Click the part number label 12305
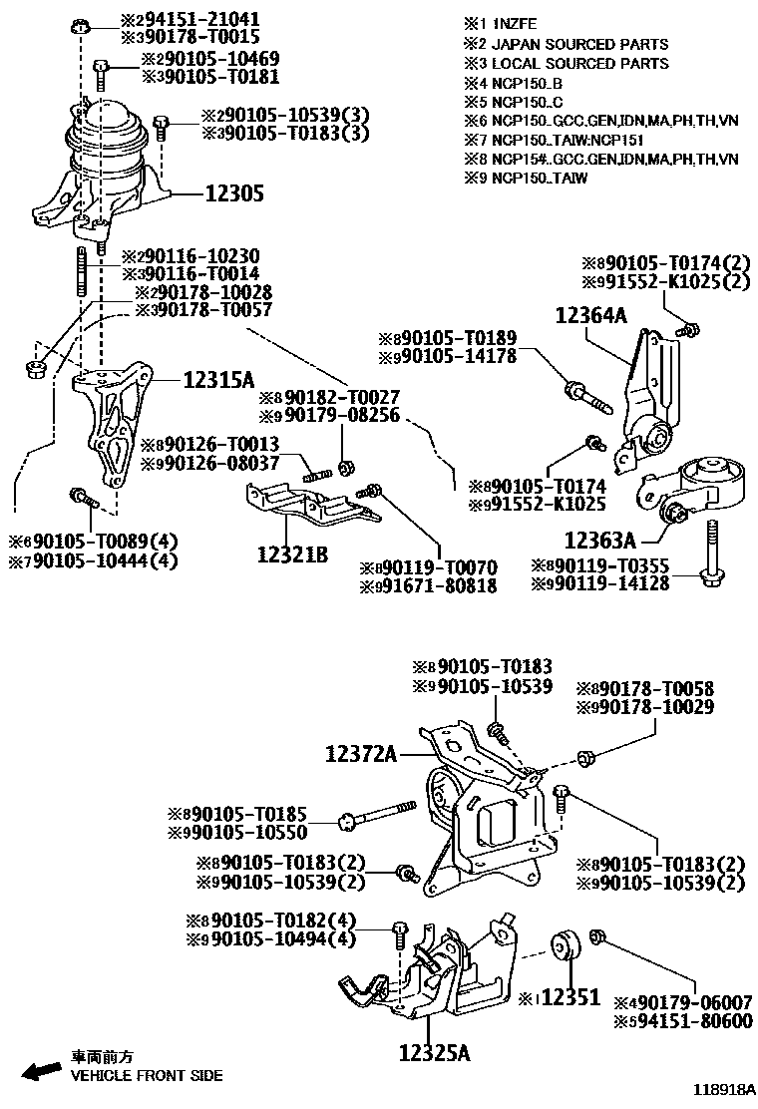pyautogui.click(x=235, y=194)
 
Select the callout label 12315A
pyautogui.click(x=218, y=379)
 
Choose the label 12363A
pyautogui.click(x=599, y=541)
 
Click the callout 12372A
pyautogui.click(x=360, y=756)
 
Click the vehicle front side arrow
pyautogui.click(x=41, y=1071)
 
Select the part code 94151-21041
pyautogui.click(x=197, y=19)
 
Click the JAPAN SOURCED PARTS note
pyautogui.click(x=579, y=44)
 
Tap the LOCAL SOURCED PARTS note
pyautogui.click(x=579, y=63)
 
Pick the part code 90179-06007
pyautogui.click(x=695, y=1002)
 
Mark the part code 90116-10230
pyautogui.click(x=197, y=255)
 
